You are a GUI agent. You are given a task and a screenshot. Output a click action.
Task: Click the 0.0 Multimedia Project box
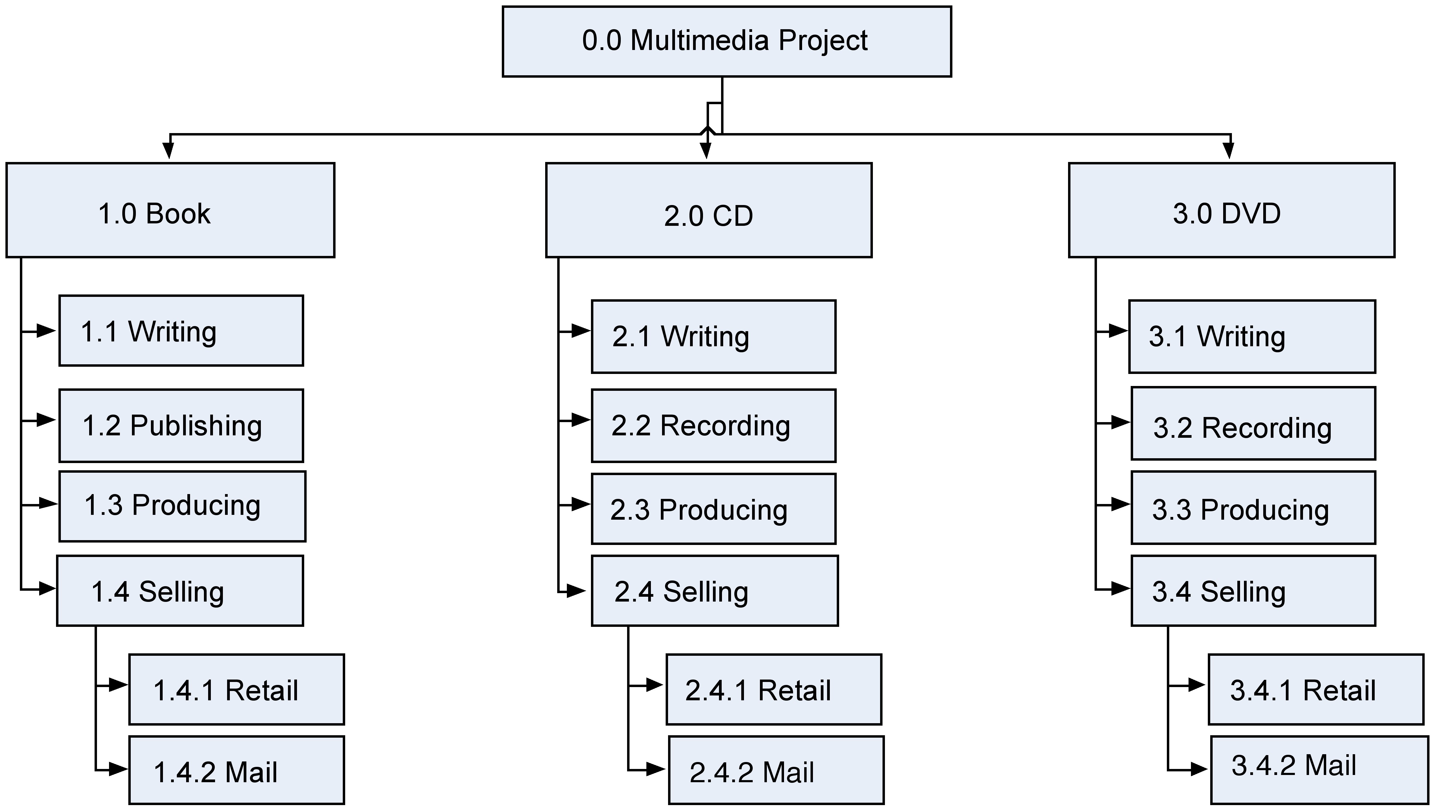(726, 42)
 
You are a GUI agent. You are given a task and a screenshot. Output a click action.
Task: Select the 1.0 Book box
(170, 210)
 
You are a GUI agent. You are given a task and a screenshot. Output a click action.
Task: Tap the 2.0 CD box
(708, 210)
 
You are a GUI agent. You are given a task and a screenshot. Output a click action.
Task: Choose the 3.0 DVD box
(1232, 210)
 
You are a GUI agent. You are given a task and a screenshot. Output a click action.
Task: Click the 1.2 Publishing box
(181, 426)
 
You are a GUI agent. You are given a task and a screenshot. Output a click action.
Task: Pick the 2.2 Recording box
(714, 426)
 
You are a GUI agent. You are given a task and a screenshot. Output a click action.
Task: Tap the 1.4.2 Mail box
(237, 770)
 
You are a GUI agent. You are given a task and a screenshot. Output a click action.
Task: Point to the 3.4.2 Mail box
(1319, 770)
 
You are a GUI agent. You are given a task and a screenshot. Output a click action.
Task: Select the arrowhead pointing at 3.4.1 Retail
(1196, 685)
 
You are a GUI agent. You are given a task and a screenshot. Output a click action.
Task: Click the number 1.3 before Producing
(103, 506)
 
